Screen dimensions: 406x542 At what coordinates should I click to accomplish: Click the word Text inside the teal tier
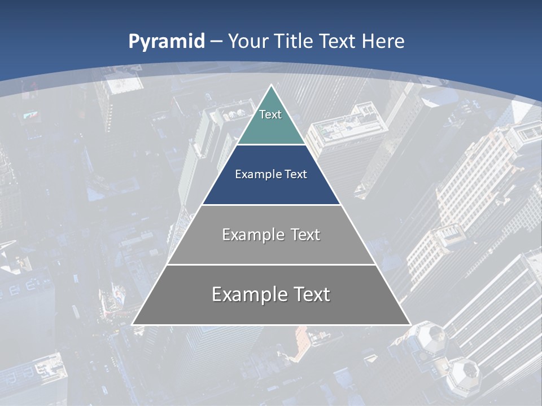coord(270,114)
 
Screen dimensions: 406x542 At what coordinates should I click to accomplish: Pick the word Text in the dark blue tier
coord(296,174)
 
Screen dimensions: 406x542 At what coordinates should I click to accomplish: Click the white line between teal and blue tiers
coord(271,145)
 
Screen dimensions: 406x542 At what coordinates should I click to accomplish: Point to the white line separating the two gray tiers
coord(271,264)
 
